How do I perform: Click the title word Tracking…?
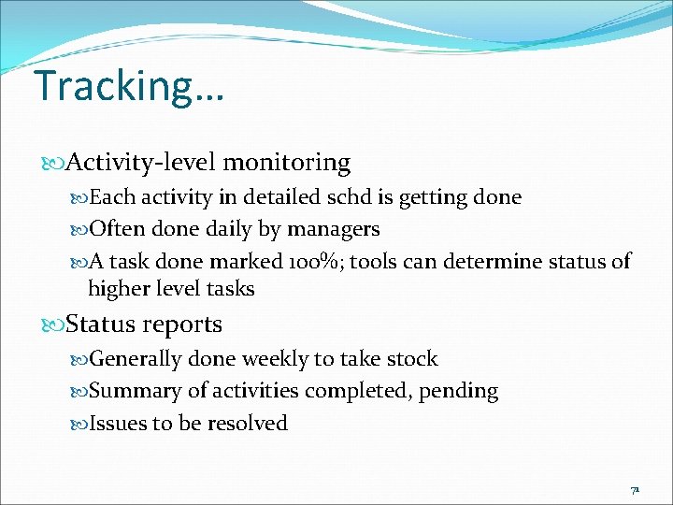tap(129, 87)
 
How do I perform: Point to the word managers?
tap(334, 229)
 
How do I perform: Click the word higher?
tap(120, 289)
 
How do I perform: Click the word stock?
tap(411, 359)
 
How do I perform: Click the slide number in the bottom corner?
tap(635, 489)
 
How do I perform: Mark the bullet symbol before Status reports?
tap(54, 325)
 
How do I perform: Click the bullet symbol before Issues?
tap(79, 425)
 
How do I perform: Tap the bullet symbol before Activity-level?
tap(54, 164)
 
